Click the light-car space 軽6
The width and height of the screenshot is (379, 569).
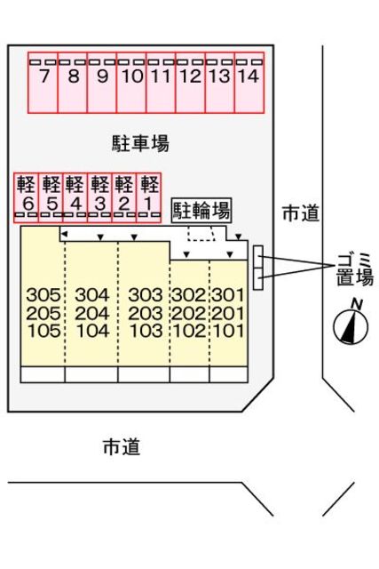(27, 196)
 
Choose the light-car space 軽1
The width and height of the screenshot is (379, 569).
(149, 196)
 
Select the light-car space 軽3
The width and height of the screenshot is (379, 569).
(100, 196)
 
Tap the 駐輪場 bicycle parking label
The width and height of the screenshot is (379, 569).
(201, 210)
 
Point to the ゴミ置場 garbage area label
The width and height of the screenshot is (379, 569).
(354, 268)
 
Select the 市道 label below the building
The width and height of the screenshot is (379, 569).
(122, 446)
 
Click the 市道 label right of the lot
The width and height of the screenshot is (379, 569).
(300, 212)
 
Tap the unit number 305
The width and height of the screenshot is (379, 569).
(43, 295)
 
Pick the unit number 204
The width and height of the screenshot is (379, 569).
(91, 313)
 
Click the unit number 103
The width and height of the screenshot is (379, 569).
(144, 331)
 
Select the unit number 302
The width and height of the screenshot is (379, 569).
(187, 295)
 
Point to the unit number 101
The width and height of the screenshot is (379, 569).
(227, 331)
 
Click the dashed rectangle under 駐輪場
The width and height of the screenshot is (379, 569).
(201, 233)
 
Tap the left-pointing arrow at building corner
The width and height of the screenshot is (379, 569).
(63, 232)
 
